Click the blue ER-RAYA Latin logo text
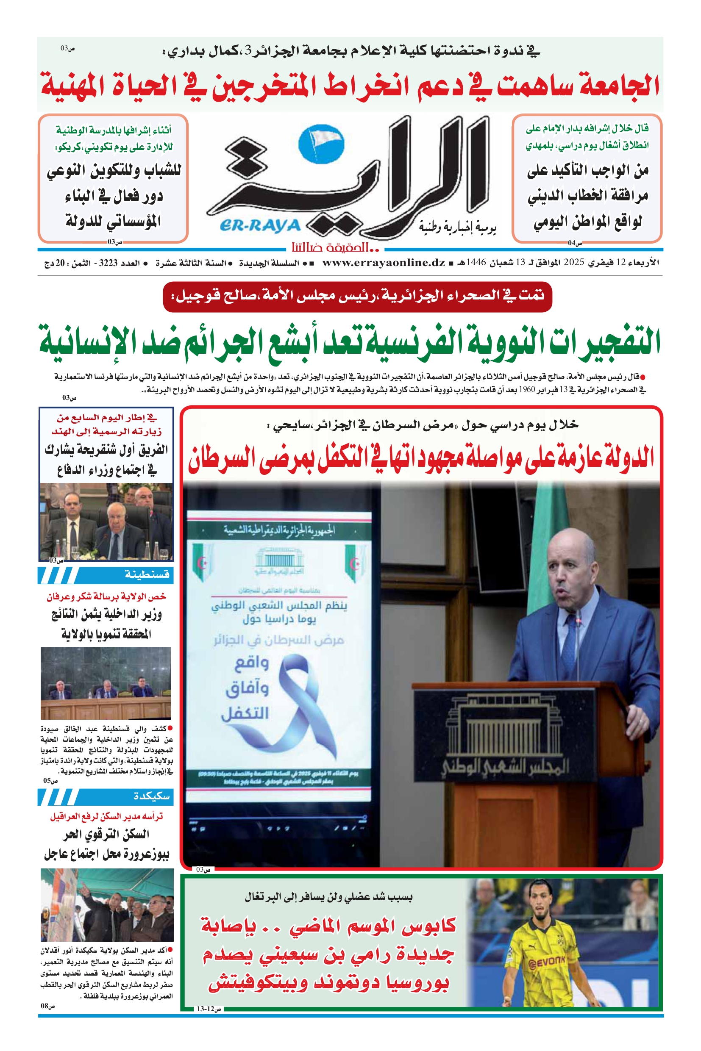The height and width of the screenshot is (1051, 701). pos(260,225)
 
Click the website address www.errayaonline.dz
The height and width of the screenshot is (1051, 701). pos(383,263)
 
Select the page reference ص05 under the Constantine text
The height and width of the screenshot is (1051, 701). pos(50,781)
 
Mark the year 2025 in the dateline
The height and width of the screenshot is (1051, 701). pos(573,263)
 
